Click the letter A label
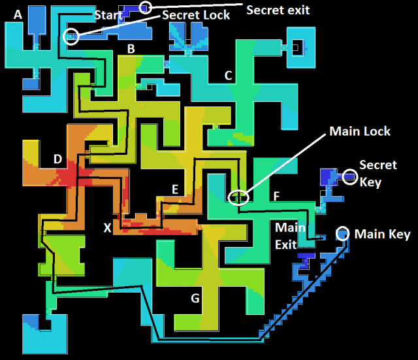click(18, 14)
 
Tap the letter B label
click(131, 49)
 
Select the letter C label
click(228, 76)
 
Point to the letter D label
click(58, 159)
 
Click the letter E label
click(175, 189)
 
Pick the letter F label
click(276, 196)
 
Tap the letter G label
click(195, 298)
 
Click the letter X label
click(107, 228)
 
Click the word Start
click(108, 15)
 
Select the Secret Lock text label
click(196, 15)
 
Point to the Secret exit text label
click(278, 10)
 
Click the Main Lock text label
click(360, 131)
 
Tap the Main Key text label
click(383, 235)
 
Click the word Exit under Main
click(286, 244)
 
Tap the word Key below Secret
click(370, 183)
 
